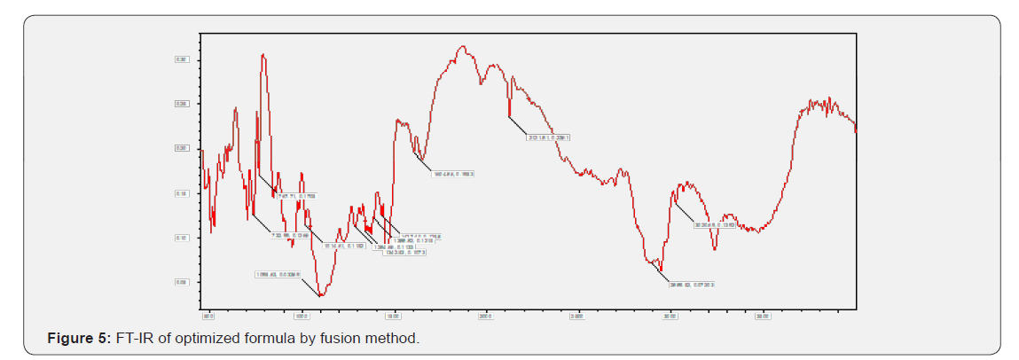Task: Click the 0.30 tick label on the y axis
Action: point(180,59)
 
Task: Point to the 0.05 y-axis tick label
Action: point(180,282)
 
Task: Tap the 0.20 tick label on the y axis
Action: point(180,148)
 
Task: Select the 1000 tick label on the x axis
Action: point(301,314)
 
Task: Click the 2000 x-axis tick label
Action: point(485,314)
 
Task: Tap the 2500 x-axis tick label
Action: point(577,314)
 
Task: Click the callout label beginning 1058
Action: point(278,275)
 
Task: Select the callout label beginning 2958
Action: point(693,285)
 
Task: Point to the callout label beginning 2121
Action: point(547,138)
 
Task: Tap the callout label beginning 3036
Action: point(716,225)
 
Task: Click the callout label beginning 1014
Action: point(344,247)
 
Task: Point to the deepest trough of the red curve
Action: point(321,295)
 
